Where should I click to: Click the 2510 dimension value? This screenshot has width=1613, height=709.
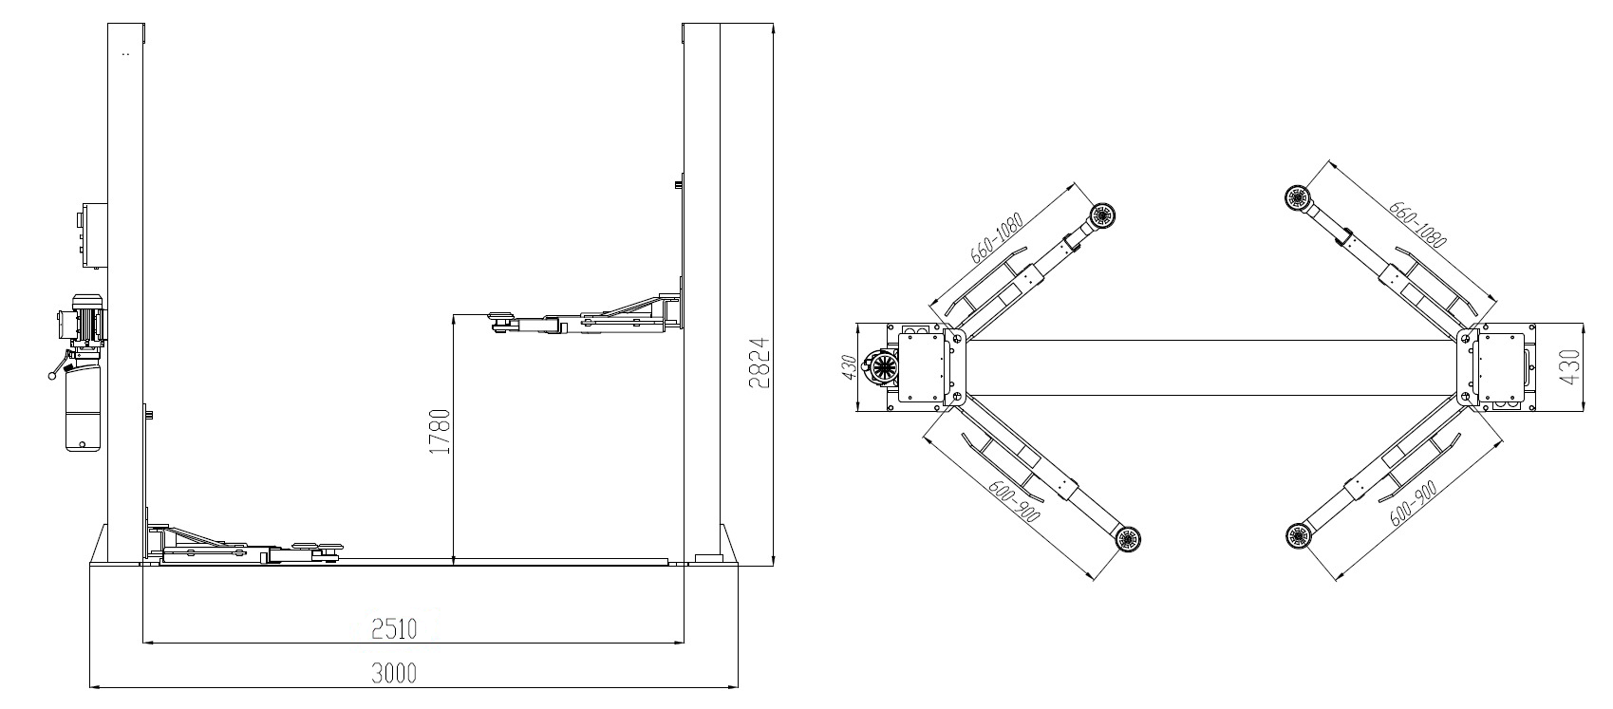pyautogui.click(x=394, y=629)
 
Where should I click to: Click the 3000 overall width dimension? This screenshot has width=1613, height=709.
pyautogui.click(x=394, y=673)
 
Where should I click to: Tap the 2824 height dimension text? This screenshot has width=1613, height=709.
pyautogui.click(x=759, y=364)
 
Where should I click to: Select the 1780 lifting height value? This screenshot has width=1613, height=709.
pyautogui.click(x=440, y=431)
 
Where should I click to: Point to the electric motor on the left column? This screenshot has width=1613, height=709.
pyautogui.click(x=82, y=323)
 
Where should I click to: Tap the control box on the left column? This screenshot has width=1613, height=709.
pyautogui.click(x=94, y=235)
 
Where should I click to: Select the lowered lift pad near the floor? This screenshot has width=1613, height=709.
pyautogui.click(x=317, y=550)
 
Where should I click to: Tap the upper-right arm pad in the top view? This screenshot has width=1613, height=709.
pyautogui.click(x=1298, y=197)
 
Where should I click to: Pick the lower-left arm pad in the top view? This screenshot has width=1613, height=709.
pyautogui.click(x=1128, y=538)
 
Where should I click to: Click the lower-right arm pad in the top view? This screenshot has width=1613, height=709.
pyautogui.click(x=1299, y=535)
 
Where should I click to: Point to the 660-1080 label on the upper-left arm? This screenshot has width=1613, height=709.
pyautogui.click(x=997, y=237)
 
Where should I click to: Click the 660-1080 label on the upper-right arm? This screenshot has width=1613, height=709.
pyautogui.click(x=1417, y=225)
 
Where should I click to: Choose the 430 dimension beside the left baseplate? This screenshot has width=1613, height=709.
pyautogui.click(x=850, y=367)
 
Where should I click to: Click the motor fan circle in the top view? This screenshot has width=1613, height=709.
pyautogui.click(x=883, y=368)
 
